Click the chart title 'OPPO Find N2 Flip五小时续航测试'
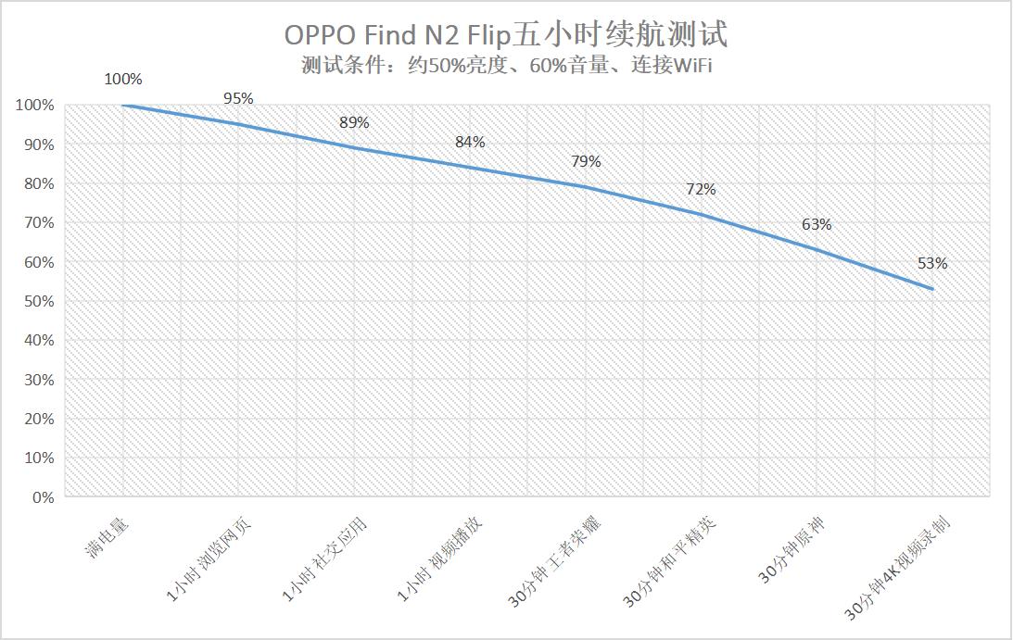pos(506,34)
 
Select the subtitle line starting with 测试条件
pos(506,65)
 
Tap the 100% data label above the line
pos(123,80)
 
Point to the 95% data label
pos(238,99)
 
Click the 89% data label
pos(354,122)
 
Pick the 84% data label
pos(470,142)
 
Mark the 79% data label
pos(586,161)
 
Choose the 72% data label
pos(701,189)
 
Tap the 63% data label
pos(817,224)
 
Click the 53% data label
pos(932,263)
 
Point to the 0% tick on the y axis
pos(44,497)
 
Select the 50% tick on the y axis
pos(40,301)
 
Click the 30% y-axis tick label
pos(40,380)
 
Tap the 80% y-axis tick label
pos(40,183)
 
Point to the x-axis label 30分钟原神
pos(792,550)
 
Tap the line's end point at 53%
pos(932,289)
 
